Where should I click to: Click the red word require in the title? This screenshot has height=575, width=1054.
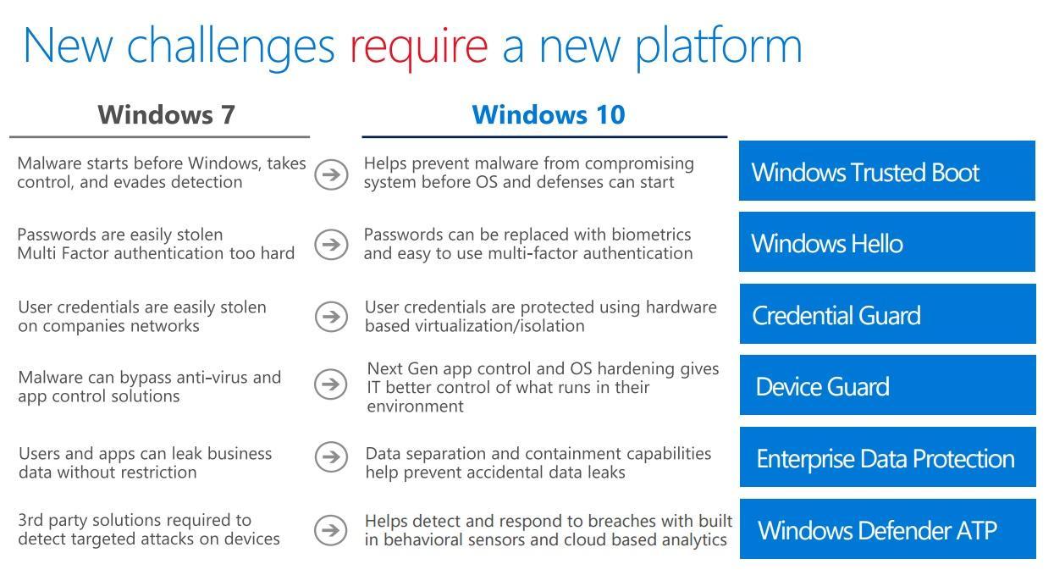[418, 46]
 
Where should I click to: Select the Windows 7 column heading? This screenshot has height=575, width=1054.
[166, 114]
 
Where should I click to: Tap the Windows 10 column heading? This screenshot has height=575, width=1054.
[548, 114]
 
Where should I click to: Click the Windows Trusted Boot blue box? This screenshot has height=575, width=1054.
[886, 171]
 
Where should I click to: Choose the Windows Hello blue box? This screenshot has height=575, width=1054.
[886, 243]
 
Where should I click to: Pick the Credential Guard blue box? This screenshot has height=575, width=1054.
[886, 314]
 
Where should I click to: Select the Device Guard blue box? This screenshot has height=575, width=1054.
[886, 386]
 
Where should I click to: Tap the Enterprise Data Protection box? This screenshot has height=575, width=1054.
[886, 458]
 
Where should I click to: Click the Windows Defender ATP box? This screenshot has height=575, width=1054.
[886, 529]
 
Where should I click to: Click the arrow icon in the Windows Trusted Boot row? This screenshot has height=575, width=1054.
[331, 174]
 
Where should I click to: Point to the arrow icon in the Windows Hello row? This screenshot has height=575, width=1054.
[331, 244]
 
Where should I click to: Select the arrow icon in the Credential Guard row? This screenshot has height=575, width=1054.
[331, 316]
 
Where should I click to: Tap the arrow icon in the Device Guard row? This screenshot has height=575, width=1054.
[331, 384]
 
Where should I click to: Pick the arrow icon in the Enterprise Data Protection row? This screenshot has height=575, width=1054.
[331, 456]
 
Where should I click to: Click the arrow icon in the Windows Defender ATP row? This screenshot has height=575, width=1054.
[331, 530]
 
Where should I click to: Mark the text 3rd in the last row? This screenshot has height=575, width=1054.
[30, 520]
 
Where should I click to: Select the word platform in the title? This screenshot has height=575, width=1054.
[718, 46]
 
